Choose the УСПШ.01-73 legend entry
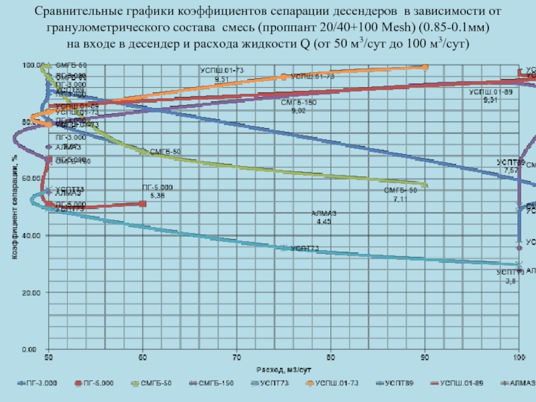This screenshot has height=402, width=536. pos(334,383)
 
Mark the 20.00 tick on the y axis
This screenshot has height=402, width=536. pos(30,293)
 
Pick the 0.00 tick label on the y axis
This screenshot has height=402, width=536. pos(31,350)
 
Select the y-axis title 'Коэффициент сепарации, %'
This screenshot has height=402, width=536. pos(13,207)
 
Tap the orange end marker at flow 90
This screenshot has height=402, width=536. pos(425,66)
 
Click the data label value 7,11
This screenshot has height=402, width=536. pos(400,200)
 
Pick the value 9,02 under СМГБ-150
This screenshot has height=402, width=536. pos(298,111)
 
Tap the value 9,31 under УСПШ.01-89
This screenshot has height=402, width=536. pos(490,100)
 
